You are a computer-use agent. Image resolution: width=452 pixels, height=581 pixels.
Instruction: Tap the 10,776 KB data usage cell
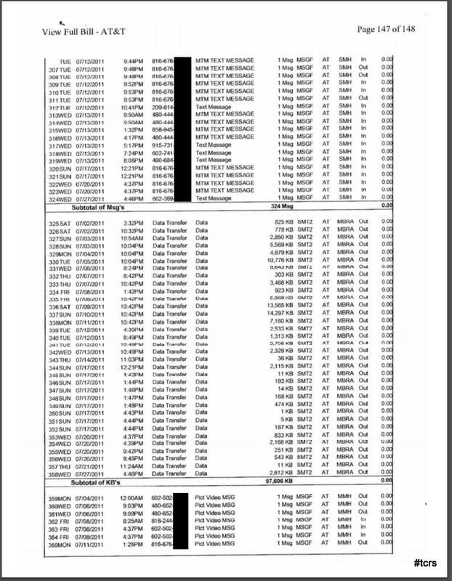[291, 260]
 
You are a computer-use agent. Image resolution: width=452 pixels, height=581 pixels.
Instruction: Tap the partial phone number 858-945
[163, 129]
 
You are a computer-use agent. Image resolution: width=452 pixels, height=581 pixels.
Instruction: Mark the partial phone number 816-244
[163, 519]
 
